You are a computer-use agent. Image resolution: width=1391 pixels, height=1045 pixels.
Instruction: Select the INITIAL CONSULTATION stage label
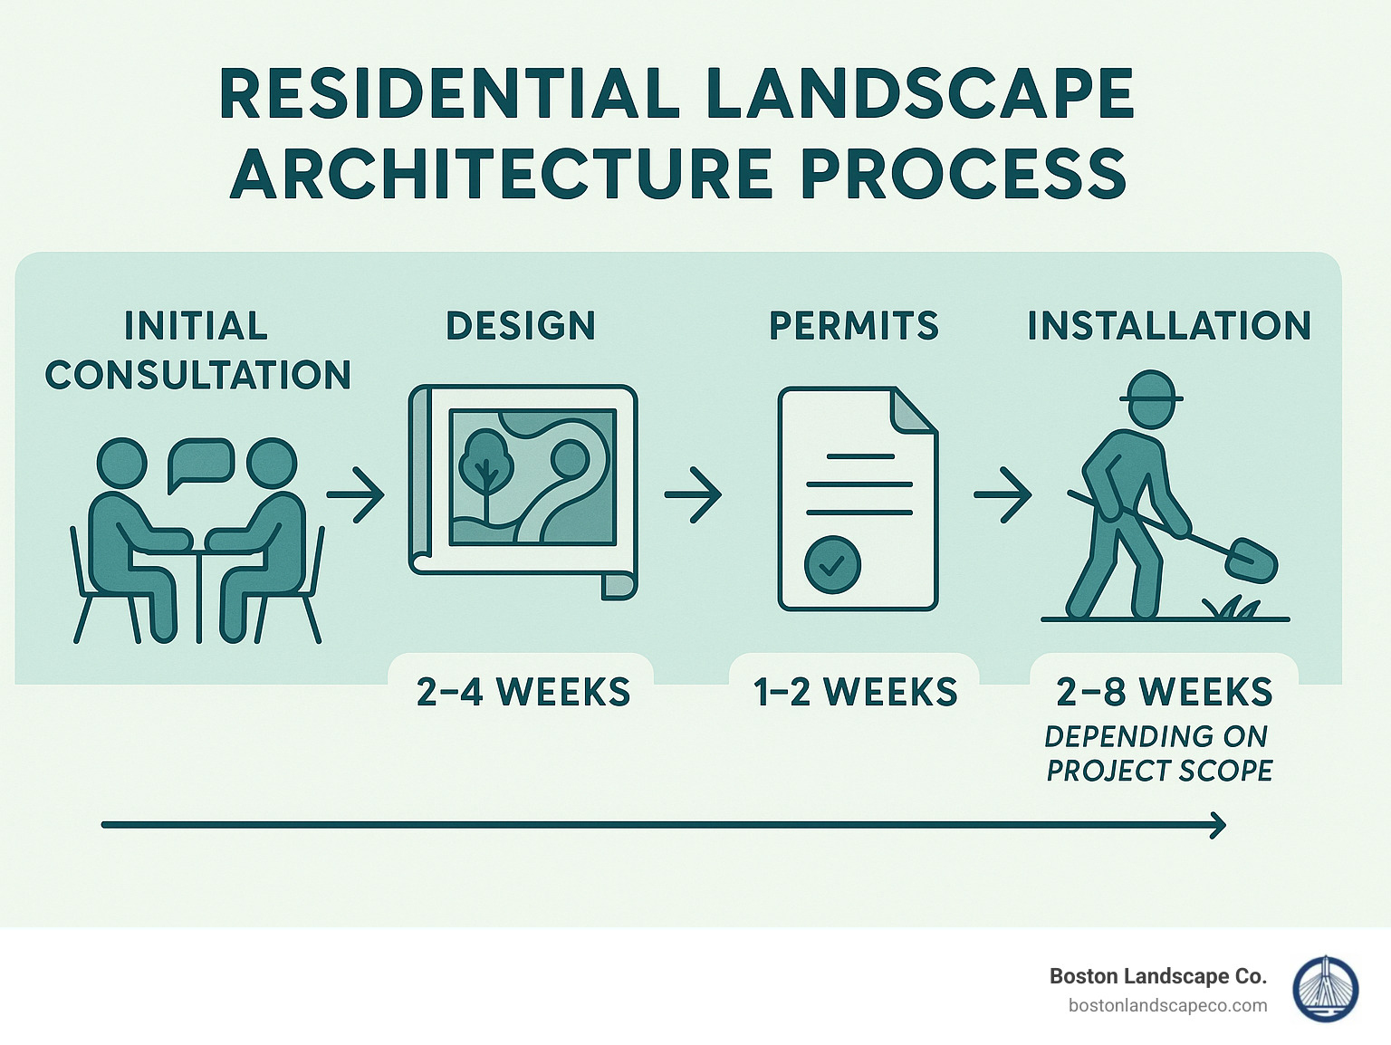[x=197, y=350]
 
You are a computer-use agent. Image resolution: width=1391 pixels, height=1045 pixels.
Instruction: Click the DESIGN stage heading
[x=521, y=326]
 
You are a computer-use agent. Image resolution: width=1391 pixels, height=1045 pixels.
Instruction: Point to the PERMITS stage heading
[x=854, y=326]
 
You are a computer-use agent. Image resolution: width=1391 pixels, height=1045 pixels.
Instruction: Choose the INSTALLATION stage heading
[x=1169, y=326]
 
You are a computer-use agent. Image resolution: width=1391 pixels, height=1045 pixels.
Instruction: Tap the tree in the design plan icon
[x=486, y=462]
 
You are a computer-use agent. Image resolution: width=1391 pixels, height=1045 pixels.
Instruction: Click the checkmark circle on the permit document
[x=832, y=565]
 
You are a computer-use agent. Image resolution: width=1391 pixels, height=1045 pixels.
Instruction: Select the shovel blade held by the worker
[x=1251, y=561]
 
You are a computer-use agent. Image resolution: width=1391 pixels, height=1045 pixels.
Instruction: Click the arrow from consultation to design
[x=356, y=494]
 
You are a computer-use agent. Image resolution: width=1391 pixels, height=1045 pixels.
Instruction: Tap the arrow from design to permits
[x=693, y=494]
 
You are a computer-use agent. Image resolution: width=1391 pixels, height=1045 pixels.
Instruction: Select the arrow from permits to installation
[x=1002, y=494]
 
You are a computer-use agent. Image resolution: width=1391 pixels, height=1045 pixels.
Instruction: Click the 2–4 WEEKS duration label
[x=523, y=693]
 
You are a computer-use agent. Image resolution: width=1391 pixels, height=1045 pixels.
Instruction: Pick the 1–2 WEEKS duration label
[x=855, y=693]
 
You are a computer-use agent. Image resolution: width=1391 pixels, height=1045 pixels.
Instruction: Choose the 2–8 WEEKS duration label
[x=1164, y=693]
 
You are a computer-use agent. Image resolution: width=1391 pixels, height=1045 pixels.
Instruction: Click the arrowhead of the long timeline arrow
[x=1217, y=825]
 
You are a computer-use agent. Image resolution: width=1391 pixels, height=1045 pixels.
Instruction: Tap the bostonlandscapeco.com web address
[x=1167, y=1005]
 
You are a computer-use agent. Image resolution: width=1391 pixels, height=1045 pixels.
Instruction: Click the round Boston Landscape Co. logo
[x=1325, y=989]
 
